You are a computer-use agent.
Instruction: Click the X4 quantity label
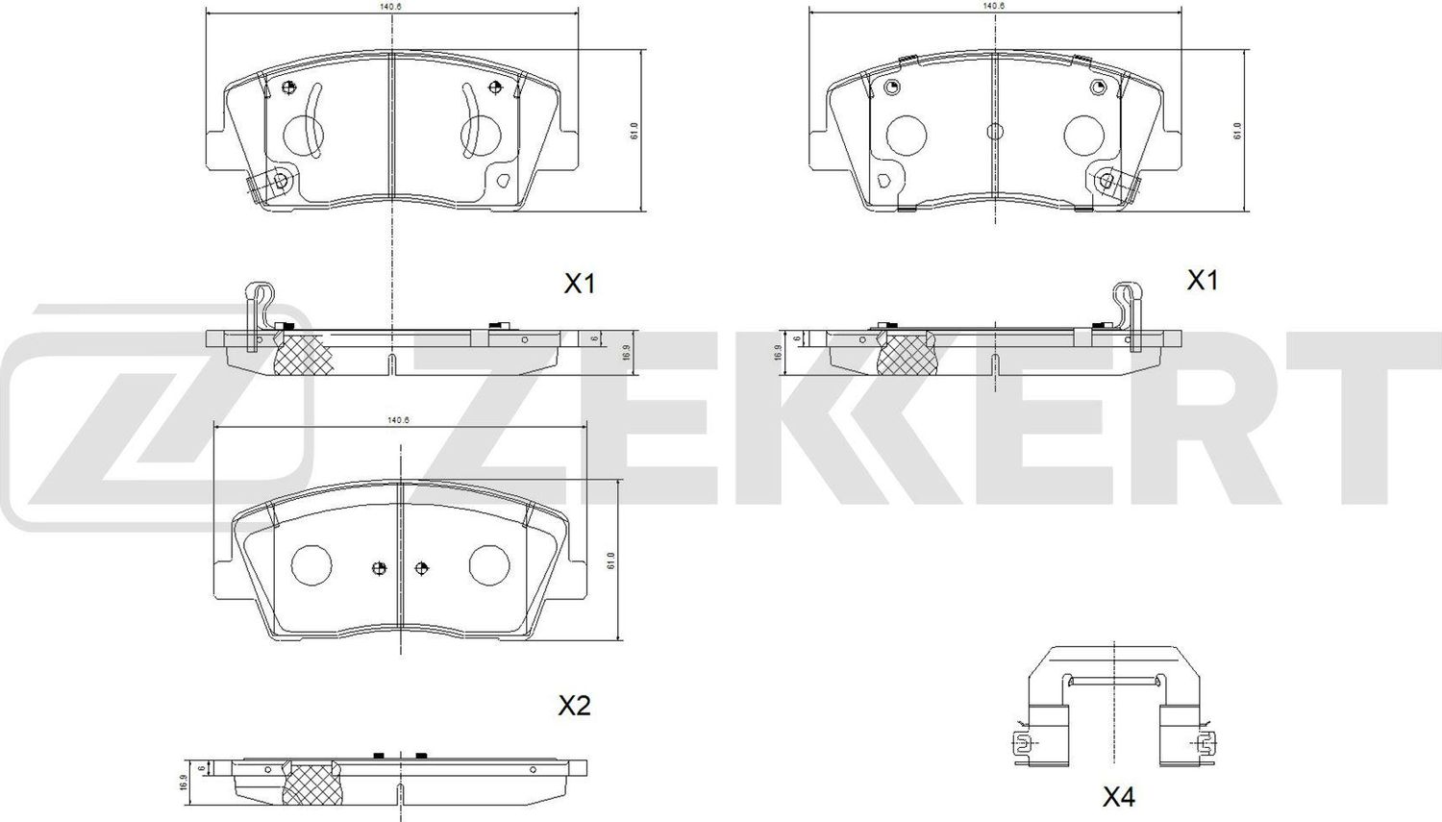tap(1118, 796)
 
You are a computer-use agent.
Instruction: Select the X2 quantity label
tap(574, 707)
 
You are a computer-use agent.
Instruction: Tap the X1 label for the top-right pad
tap(1203, 281)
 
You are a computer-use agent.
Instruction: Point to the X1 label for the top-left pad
tap(580, 284)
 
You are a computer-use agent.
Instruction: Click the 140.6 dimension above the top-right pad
tap(994, 6)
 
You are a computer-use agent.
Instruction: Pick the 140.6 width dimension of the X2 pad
tap(398, 420)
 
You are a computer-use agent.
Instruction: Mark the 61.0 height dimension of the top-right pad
tap(1237, 131)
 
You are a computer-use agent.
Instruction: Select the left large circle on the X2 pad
tap(311, 564)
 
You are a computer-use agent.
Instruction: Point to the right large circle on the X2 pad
tap(488, 564)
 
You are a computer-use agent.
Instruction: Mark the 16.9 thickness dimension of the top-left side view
tap(625, 352)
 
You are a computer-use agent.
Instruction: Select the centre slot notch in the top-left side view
tap(392, 365)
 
